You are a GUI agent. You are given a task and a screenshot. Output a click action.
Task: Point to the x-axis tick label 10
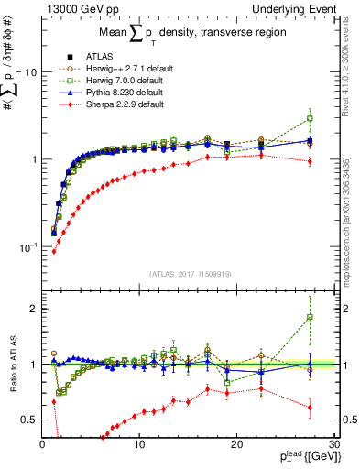(139, 444)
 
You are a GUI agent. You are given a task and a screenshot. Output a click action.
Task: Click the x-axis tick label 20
(237, 444)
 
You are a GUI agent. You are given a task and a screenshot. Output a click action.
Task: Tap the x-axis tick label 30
(334, 444)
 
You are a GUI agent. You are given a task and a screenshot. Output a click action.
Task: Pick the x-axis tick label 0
(42, 444)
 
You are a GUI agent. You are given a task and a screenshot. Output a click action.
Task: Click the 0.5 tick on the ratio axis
(31, 420)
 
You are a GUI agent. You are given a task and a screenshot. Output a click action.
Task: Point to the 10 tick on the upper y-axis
(30, 72)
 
